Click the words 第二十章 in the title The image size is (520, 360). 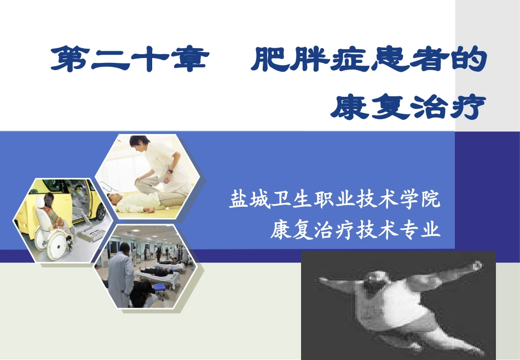(x=129, y=60)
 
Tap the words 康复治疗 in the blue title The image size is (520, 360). (x=408, y=107)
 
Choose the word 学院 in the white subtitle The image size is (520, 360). (x=421, y=199)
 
